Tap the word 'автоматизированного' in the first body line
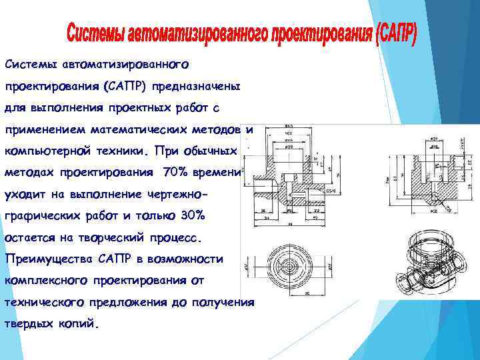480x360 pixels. click(126, 65)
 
